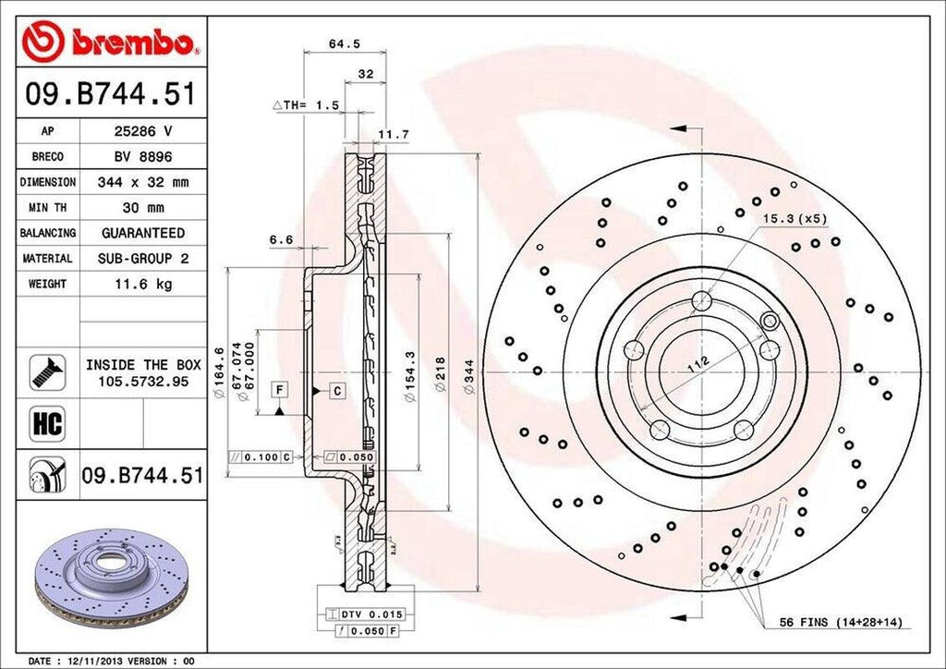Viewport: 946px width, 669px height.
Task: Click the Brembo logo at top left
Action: click(x=111, y=41)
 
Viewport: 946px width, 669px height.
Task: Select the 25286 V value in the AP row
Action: click(x=142, y=131)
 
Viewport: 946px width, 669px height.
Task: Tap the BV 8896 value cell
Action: click(x=142, y=157)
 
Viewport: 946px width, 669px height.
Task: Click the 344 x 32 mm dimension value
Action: click(x=142, y=182)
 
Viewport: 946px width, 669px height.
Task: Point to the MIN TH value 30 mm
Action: click(x=142, y=208)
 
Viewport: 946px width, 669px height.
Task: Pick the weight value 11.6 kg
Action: click(x=142, y=284)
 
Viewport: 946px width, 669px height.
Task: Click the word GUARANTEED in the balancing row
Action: click(x=142, y=233)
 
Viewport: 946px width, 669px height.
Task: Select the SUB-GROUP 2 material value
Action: click(x=142, y=259)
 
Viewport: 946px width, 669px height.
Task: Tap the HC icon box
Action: click(x=47, y=423)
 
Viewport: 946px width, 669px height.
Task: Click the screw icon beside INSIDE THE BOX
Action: click(x=47, y=371)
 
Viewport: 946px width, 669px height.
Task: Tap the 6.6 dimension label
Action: click(x=281, y=239)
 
